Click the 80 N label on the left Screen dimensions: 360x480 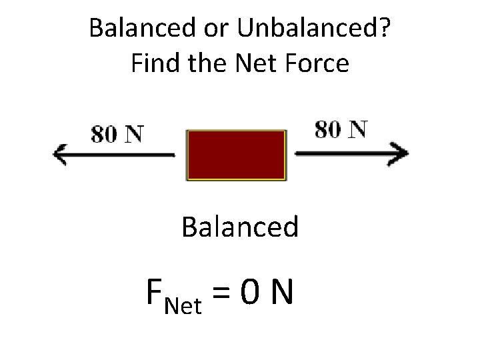point(117,134)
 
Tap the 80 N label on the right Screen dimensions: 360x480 point(341,129)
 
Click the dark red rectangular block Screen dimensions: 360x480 point(237,155)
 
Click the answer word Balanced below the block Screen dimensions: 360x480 point(240,227)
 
